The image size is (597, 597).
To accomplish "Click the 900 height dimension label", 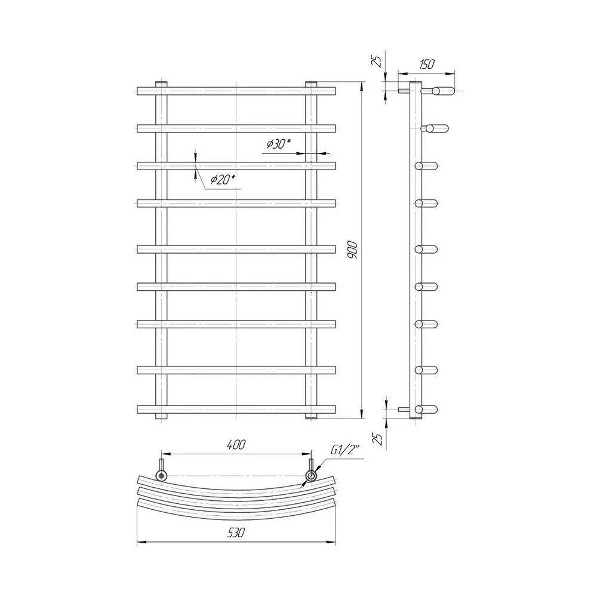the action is [x=353, y=250].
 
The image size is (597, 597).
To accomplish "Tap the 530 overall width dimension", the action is [x=236, y=533].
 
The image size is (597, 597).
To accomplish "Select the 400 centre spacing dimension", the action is [x=236, y=444].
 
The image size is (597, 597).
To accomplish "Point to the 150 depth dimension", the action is [x=426, y=64].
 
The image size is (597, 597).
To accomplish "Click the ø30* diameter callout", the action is [x=279, y=143].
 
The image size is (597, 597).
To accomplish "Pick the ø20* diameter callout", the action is [x=223, y=179].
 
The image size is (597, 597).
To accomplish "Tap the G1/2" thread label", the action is [x=344, y=450].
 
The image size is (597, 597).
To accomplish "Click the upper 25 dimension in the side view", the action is [x=377, y=61].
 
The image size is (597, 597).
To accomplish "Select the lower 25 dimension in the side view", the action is [x=377, y=439].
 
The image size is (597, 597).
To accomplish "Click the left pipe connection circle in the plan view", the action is [x=161, y=475].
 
